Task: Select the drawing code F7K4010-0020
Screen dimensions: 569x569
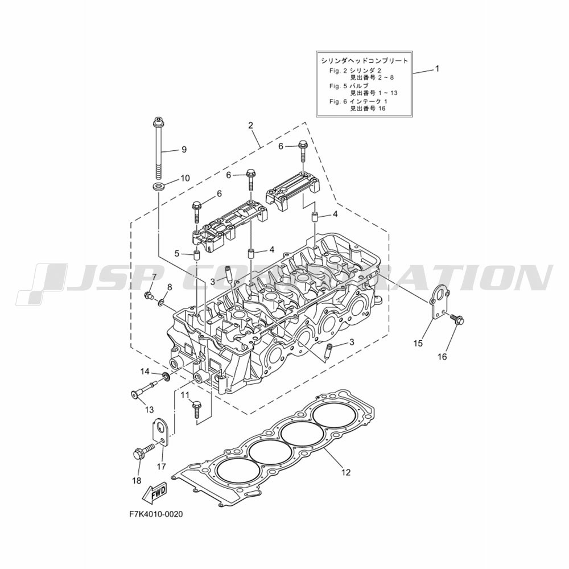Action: click(156, 514)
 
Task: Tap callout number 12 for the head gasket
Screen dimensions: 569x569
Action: click(346, 472)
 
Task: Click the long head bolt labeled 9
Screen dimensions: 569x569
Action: click(158, 148)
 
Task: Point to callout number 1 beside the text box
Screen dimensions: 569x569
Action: click(437, 69)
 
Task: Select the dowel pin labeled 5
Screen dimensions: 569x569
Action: click(196, 255)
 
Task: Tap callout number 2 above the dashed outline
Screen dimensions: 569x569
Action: click(250, 126)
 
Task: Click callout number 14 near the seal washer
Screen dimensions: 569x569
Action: click(145, 371)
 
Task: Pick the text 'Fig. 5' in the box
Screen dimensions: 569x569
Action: click(338, 86)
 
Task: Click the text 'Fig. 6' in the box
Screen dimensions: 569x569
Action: click(338, 101)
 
